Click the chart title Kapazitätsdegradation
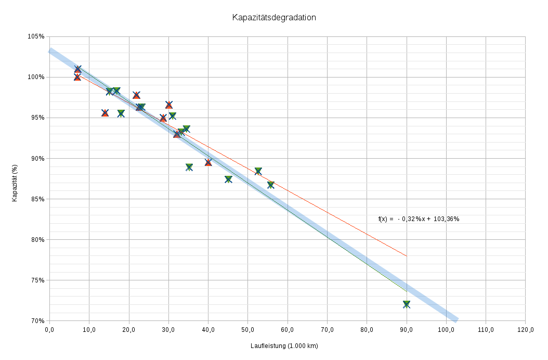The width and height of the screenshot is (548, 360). [x=274, y=17]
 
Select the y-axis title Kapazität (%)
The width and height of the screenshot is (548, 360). [x=15, y=183]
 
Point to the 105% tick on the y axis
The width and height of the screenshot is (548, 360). [x=36, y=36]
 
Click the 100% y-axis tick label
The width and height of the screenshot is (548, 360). [x=36, y=77]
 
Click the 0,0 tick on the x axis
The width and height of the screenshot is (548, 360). [x=49, y=330]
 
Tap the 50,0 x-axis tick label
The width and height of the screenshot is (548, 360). [x=247, y=330]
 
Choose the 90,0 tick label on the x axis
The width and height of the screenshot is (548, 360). [x=407, y=330]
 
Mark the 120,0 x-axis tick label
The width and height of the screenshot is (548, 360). [x=525, y=330]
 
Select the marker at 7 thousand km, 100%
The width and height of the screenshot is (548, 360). [x=77, y=77]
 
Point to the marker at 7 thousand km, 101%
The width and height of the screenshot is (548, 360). [x=78, y=69]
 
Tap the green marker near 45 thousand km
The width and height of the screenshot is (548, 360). [x=228, y=179]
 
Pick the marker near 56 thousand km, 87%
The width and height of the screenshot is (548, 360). [x=271, y=185]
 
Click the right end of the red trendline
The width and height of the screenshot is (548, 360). [x=407, y=256]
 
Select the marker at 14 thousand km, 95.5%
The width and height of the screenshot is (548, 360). [x=105, y=113]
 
